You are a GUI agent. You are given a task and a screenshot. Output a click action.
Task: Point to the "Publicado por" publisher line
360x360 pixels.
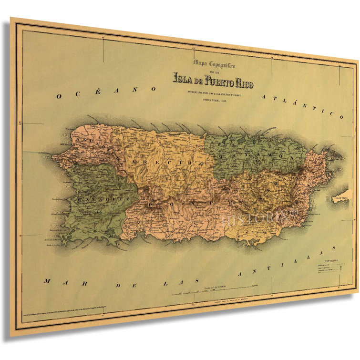(x=214, y=93)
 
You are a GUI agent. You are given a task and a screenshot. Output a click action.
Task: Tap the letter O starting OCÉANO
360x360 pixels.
(x=59, y=97)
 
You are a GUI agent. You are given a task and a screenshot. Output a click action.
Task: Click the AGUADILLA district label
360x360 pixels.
(x=93, y=143)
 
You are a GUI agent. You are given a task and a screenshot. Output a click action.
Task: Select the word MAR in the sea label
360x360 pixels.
(x=53, y=281)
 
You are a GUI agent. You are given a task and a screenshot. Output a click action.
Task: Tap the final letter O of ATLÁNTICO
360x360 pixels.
(x=340, y=116)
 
